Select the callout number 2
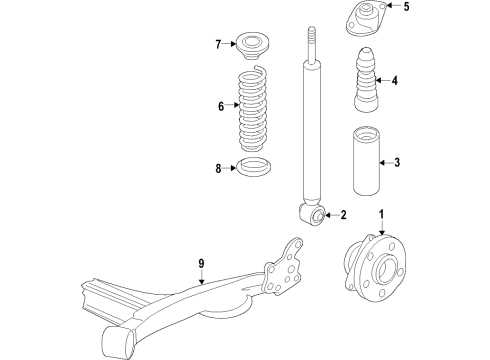(343, 215)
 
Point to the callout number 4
(396, 81)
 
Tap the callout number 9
(200, 264)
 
